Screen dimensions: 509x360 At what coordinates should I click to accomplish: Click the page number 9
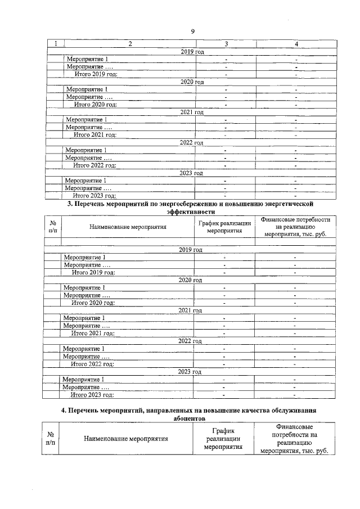192,31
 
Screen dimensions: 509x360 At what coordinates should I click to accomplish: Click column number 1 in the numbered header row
55,44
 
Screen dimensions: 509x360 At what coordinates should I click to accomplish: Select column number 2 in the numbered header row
130,44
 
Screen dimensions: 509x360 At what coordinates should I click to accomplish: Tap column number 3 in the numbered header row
226,44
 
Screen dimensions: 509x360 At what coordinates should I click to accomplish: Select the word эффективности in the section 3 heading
191,211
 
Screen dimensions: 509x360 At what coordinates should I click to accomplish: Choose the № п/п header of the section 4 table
51,438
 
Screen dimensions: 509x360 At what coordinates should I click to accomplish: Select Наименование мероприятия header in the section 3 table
128,227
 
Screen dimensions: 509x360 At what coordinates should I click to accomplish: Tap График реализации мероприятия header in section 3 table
224,227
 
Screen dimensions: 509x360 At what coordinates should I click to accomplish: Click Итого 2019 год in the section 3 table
93,272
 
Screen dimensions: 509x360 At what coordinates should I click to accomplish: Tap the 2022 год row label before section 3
192,143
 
